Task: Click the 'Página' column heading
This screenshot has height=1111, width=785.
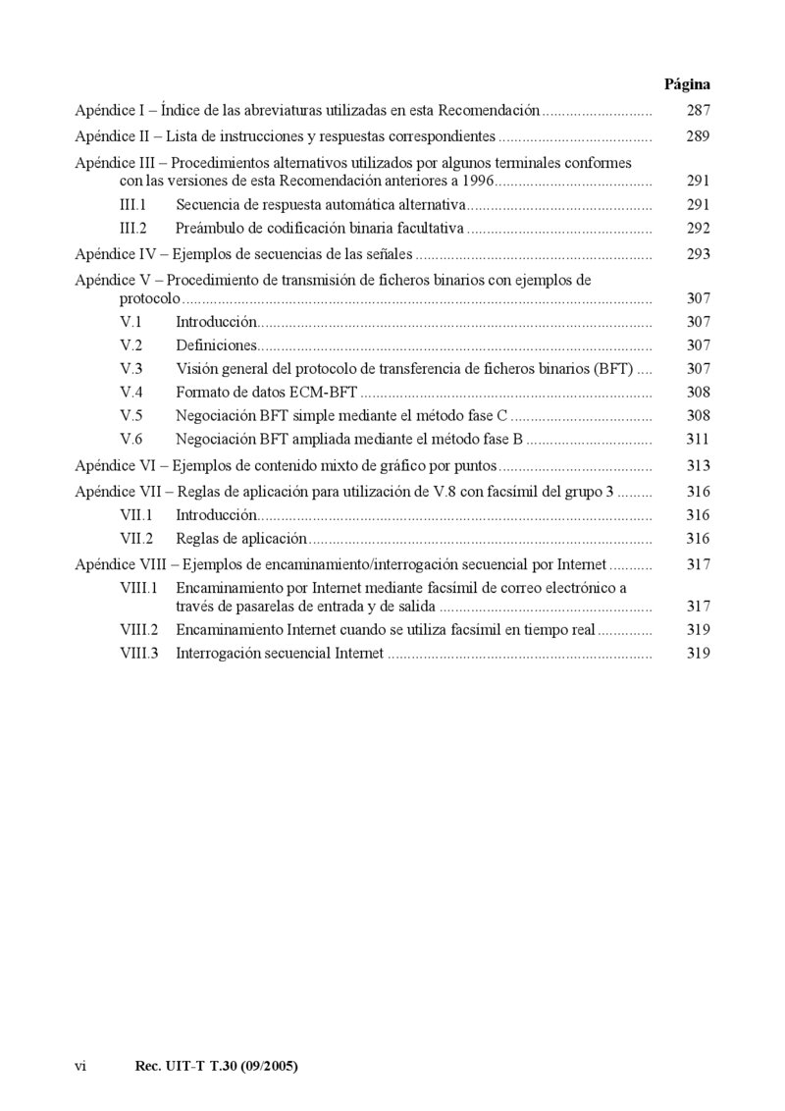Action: coord(687,84)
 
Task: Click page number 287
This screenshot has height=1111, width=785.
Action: coord(698,111)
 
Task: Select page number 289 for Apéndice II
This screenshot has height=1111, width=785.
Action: coord(698,136)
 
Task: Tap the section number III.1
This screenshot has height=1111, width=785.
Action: coord(132,205)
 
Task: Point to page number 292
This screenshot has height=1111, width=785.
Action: coord(698,229)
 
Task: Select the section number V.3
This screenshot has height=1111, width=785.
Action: coord(131,369)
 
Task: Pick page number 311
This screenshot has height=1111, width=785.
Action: coord(698,439)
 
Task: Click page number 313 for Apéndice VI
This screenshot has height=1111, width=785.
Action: coord(698,465)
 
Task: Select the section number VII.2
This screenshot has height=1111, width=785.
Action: coord(136,539)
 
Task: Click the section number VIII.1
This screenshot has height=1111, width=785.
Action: coord(139,588)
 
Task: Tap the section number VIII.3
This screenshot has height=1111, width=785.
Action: coord(139,653)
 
